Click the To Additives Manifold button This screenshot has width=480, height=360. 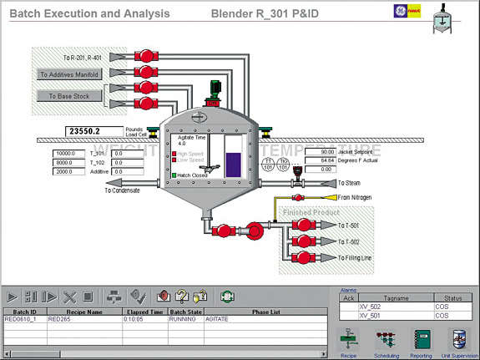[69, 74]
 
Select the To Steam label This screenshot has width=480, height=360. [349, 183]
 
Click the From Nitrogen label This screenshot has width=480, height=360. [356, 197]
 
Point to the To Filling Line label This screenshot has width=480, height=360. [355, 258]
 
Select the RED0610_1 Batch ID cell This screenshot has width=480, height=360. [23, 319]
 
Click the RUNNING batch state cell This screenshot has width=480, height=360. [184, 319]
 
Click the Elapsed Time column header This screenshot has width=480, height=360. [144, 312]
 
